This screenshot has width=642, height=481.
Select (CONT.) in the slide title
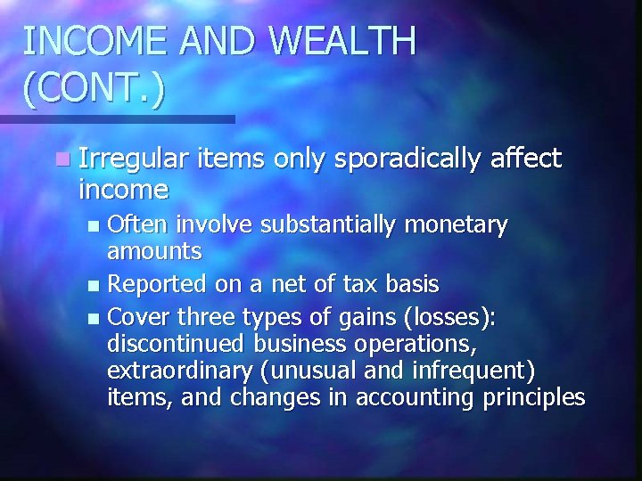pos(94,89)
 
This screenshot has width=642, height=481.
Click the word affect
pos(526,159)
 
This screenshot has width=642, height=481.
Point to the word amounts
pos(154,252)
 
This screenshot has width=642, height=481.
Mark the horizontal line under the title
pos(116,118)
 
